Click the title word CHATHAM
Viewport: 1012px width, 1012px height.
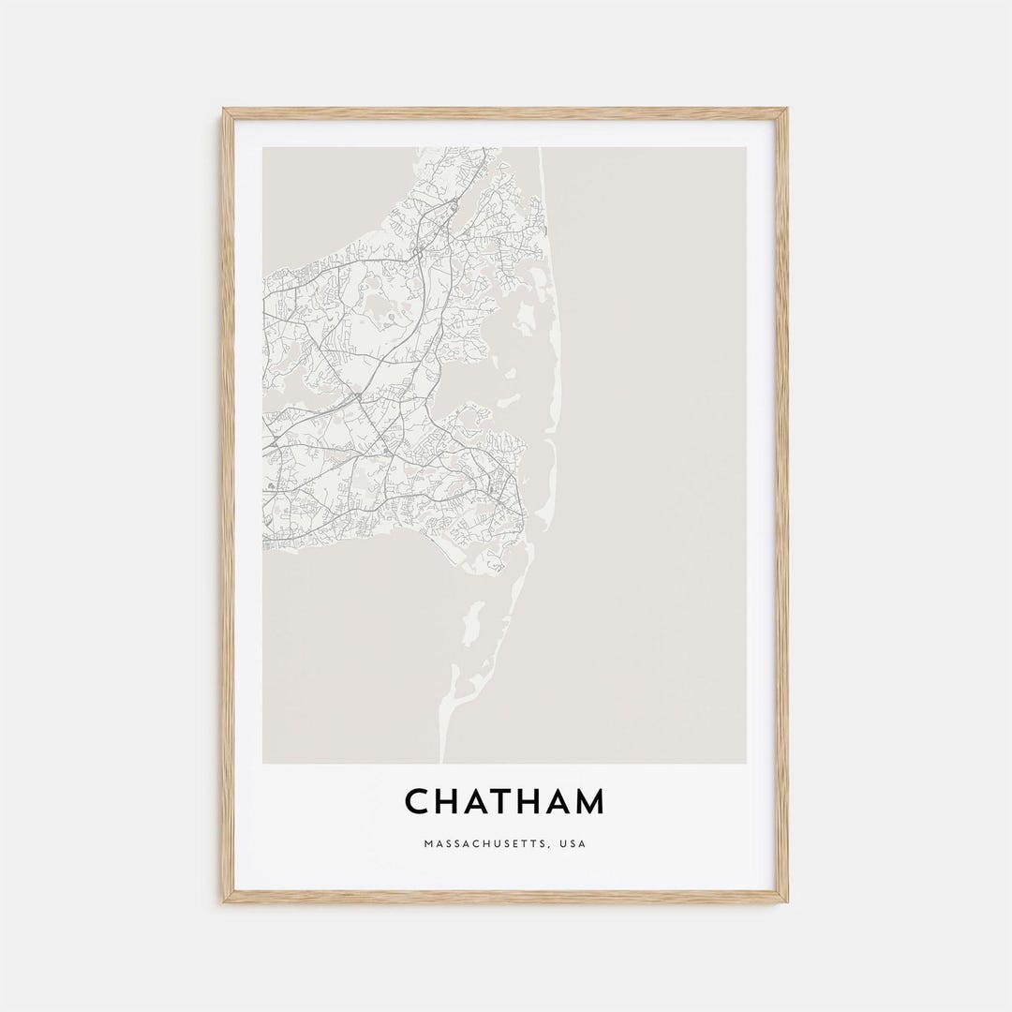[505, 802]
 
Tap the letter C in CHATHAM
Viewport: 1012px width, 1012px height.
[417, 802]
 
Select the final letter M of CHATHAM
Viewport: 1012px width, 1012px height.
[588, 802]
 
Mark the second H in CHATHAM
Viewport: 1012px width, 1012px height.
[530, 802]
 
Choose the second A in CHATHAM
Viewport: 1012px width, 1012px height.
[558, 802]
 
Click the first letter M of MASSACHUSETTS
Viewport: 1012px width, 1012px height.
[428, 844]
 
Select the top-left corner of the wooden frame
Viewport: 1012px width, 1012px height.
[224, 110]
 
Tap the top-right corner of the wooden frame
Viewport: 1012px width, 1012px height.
[787, 110]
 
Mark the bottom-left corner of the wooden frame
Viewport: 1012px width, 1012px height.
[224, 902]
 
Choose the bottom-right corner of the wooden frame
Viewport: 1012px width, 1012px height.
[787, 902]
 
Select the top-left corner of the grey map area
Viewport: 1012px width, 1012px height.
[264, 148]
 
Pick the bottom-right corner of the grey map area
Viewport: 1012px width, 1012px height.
[747, 763]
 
